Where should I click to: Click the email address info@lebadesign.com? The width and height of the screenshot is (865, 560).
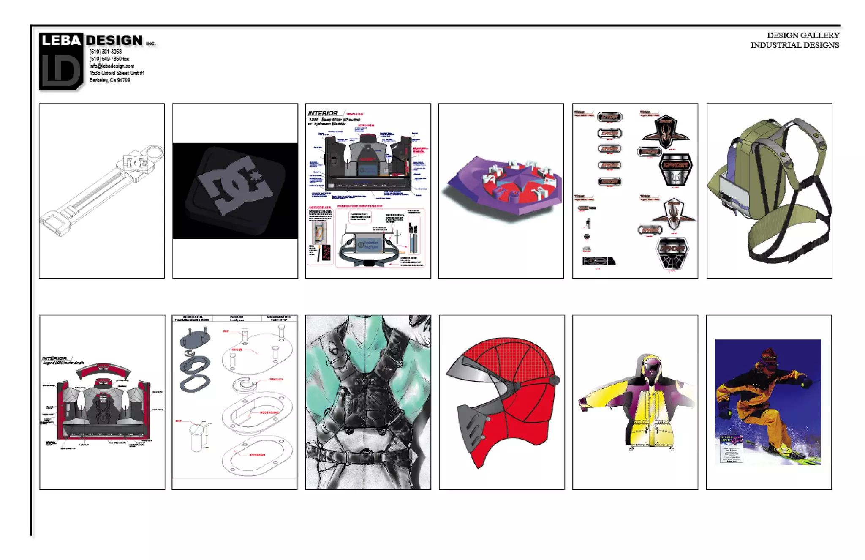[x=112, y=66]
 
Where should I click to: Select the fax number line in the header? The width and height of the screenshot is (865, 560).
[x=109, y=59]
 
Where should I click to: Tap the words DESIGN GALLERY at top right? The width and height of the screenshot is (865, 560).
[x=803, y=36]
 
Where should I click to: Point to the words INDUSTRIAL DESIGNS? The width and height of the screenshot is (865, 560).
[x=794, y=45]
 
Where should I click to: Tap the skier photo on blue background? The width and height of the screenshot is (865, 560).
[x=768, y=402]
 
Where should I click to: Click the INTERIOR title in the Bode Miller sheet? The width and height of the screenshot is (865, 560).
[x=323, y=113]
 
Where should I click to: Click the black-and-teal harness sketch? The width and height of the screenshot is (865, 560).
[x=368, y=402]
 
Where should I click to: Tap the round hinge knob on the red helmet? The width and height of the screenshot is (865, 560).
[x=555, y=380]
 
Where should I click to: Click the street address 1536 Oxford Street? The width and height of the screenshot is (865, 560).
[x=117, y=73]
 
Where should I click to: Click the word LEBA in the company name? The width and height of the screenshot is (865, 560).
[x=61, y=41]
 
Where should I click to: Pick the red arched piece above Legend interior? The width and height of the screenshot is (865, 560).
[x=103, y=370]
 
